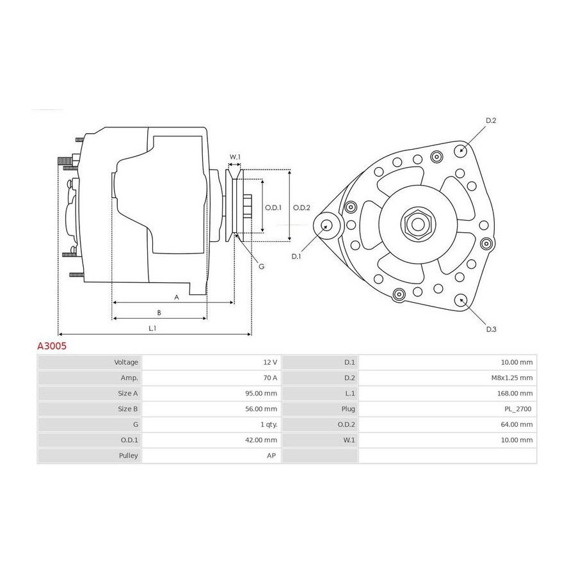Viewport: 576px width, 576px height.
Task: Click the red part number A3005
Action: [52, 346]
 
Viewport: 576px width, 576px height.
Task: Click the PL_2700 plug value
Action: [518, 409]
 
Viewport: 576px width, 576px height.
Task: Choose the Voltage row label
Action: [126, 362]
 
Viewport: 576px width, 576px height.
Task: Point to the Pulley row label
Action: [128, 456]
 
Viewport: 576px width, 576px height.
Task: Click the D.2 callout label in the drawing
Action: [491, 120]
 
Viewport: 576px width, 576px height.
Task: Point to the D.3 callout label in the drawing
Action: [491, 329]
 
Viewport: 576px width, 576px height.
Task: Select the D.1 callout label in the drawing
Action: [296, 257]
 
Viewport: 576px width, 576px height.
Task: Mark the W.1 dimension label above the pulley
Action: [235, 157]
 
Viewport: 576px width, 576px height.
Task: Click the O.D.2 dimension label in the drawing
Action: [301, 207]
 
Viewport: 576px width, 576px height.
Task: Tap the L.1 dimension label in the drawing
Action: [152, 328]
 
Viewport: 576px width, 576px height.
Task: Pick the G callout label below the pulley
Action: [262, 266]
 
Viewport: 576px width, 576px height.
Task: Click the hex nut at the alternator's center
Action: [418, 224]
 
